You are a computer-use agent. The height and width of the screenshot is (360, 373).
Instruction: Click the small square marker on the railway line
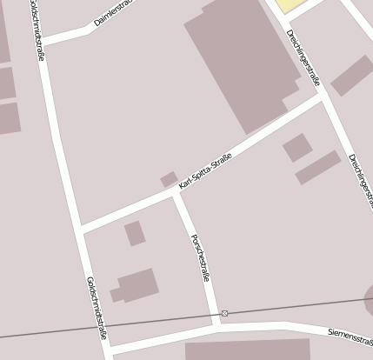pyautogui.click(x=224, y=313)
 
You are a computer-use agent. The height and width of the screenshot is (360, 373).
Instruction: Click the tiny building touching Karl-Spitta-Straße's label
pyautogui.click(x=169, y=179)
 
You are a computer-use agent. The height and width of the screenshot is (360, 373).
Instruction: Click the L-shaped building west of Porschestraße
pyautogui.click(x=136, y=285)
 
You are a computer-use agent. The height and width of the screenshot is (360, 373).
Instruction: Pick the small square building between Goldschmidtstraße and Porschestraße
pyautogui.click(x=134, y=233)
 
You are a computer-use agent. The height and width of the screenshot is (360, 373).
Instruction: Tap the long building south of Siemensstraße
pyautogui.click(x=247, y=350)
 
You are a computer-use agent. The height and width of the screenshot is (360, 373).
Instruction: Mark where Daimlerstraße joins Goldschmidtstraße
pyautogui.click(x=43, y=39)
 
